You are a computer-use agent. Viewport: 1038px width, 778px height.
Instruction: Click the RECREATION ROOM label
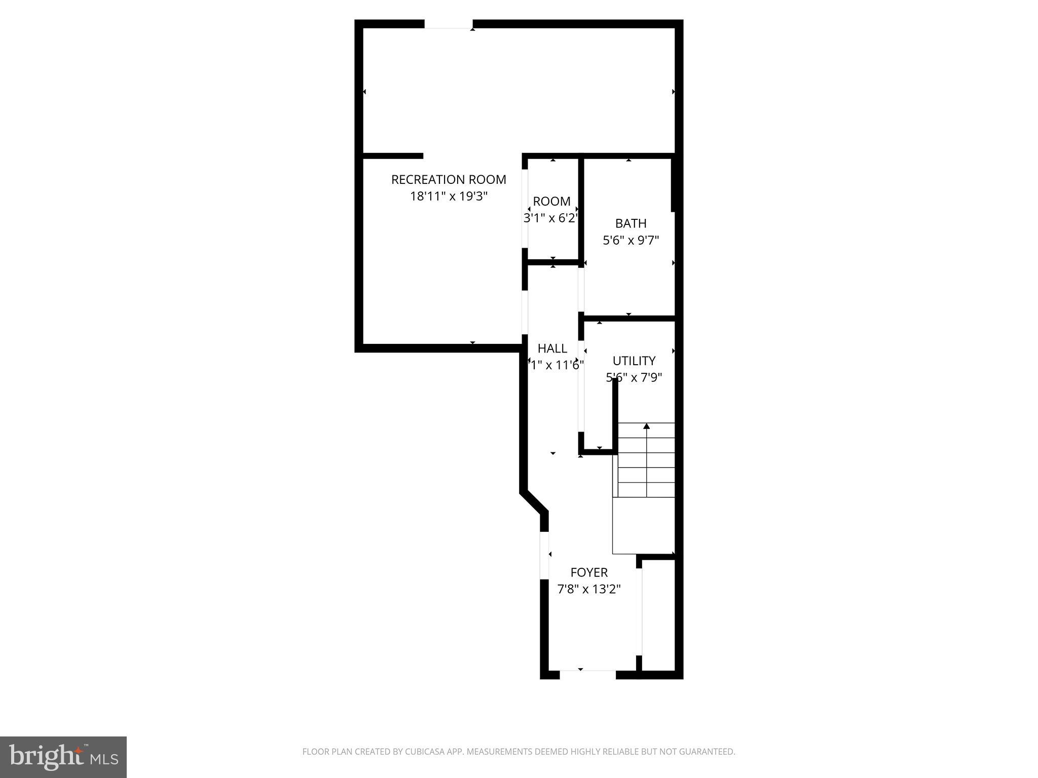click(449, 179)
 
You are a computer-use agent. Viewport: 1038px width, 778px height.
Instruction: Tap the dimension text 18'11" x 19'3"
click(449, 196)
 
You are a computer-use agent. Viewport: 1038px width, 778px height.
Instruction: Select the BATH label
click(631, 223)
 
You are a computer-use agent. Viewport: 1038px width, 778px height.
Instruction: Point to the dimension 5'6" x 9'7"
click(631, 240)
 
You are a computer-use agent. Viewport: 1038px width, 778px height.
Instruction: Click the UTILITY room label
click(634, 361)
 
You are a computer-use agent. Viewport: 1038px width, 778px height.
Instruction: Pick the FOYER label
click(588, 572)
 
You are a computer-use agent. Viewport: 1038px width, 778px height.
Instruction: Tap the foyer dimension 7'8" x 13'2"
click(588, 589)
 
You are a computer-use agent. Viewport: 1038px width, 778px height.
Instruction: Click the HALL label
click(552, 348)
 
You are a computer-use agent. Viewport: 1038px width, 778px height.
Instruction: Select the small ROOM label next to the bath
click(551, 201)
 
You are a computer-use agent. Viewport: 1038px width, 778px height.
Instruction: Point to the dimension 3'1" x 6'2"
click(551, 218)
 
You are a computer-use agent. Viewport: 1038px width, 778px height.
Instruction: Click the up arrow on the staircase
click(646, 426)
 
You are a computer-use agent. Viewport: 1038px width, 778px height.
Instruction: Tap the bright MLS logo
click(63, 757)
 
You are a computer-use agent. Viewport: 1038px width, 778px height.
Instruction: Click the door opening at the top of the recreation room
click(449, 24)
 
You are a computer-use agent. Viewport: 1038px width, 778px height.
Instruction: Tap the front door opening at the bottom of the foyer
click(587, 674)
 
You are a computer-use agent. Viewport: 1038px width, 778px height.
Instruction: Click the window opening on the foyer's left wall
click(544, 555)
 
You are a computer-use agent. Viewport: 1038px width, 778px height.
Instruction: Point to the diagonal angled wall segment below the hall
click(534, 502)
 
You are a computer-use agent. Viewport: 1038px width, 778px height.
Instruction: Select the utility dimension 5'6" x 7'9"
click(634, 377)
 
